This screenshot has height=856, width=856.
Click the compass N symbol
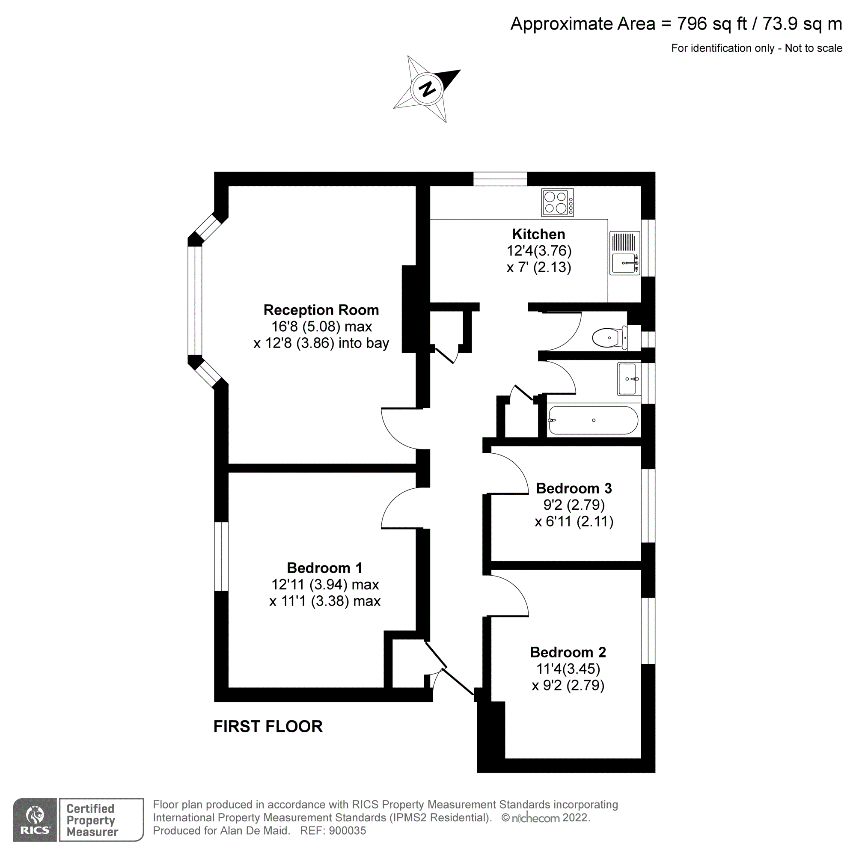tap(427, 89)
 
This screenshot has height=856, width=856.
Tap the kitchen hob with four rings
tap(557, 202)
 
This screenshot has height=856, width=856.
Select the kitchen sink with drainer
tap(624, 253)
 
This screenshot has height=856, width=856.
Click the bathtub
tap(593, 420)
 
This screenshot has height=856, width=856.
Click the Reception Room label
tap(321, 310)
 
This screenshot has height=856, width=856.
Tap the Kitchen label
tap(538, 234)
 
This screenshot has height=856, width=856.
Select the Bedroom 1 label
tap(324, 568)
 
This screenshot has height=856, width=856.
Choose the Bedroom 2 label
tap(568, 652)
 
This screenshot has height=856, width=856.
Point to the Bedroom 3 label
tap(574, 488)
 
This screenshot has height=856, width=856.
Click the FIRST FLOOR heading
tap(268, 727)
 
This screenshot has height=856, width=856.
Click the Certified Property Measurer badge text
tap(92, 820)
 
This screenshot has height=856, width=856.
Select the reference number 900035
tap(348, 831)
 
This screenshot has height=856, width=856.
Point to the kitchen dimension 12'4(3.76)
tap(539, 251)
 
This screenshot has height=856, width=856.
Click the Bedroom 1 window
tap(221, 556)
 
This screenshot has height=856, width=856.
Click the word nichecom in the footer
tap(535, 818)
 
